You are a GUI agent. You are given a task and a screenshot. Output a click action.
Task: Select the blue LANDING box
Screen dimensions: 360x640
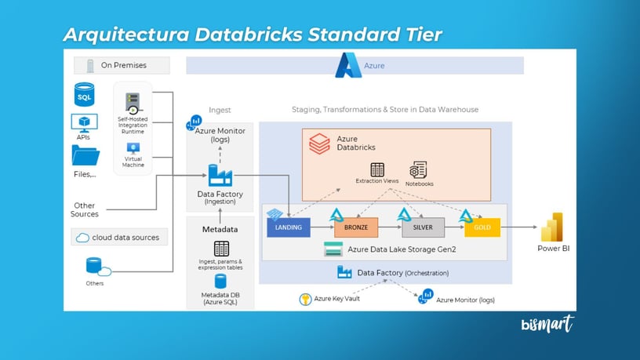(x=289, y=228)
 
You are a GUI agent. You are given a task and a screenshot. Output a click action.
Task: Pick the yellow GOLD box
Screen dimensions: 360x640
(x=482, y=228)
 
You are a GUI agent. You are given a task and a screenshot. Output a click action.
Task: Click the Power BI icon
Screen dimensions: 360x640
(x=554, y=227)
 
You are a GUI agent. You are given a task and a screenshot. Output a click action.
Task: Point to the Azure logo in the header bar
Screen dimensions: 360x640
(x=347, y=65)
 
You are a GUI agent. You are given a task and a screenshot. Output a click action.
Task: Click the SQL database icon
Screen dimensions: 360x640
(x=84, y=96)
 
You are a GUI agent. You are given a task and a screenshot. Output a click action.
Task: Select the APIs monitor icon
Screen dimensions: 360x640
(x=84, y=122)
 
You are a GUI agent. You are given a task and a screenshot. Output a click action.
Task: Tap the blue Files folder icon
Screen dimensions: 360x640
(x=85, y=155)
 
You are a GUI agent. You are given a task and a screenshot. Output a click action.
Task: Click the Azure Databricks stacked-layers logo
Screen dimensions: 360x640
(x=319, y=144)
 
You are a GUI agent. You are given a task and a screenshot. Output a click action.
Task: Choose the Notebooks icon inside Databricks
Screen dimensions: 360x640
(x=418, y=170)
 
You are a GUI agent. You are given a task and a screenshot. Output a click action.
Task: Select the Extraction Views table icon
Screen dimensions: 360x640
(x=377, y=170)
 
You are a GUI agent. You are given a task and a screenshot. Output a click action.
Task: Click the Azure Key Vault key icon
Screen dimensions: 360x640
(x=306, y=299)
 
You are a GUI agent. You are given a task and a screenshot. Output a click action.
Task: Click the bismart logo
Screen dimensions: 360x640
(x=547, y=323)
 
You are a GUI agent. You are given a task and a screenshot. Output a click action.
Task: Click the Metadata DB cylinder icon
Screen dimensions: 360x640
(x=220, y=281)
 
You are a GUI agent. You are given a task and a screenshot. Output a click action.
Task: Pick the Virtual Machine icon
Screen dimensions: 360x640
(x=133, y=148)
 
